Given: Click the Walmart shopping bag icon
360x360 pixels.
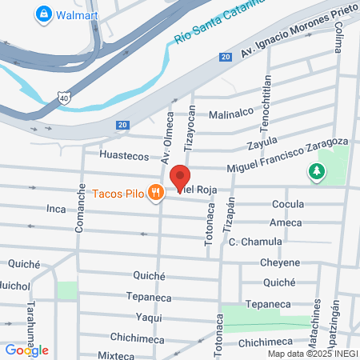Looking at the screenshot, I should click(43, 14).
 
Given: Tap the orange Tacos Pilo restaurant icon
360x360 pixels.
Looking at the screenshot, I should click(157, 192).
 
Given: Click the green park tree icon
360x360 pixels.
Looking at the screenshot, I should click(318, 170).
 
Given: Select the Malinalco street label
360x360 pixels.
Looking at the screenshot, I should click(231, 114).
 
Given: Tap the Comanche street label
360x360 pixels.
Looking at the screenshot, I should click(80, 208).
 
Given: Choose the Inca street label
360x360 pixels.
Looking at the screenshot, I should click(56, 209).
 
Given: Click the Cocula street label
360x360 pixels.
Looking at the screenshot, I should click(288, 203).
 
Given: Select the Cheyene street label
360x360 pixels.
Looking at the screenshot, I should click(280, 262).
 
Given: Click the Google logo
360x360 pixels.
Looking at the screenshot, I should click(26, 350).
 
